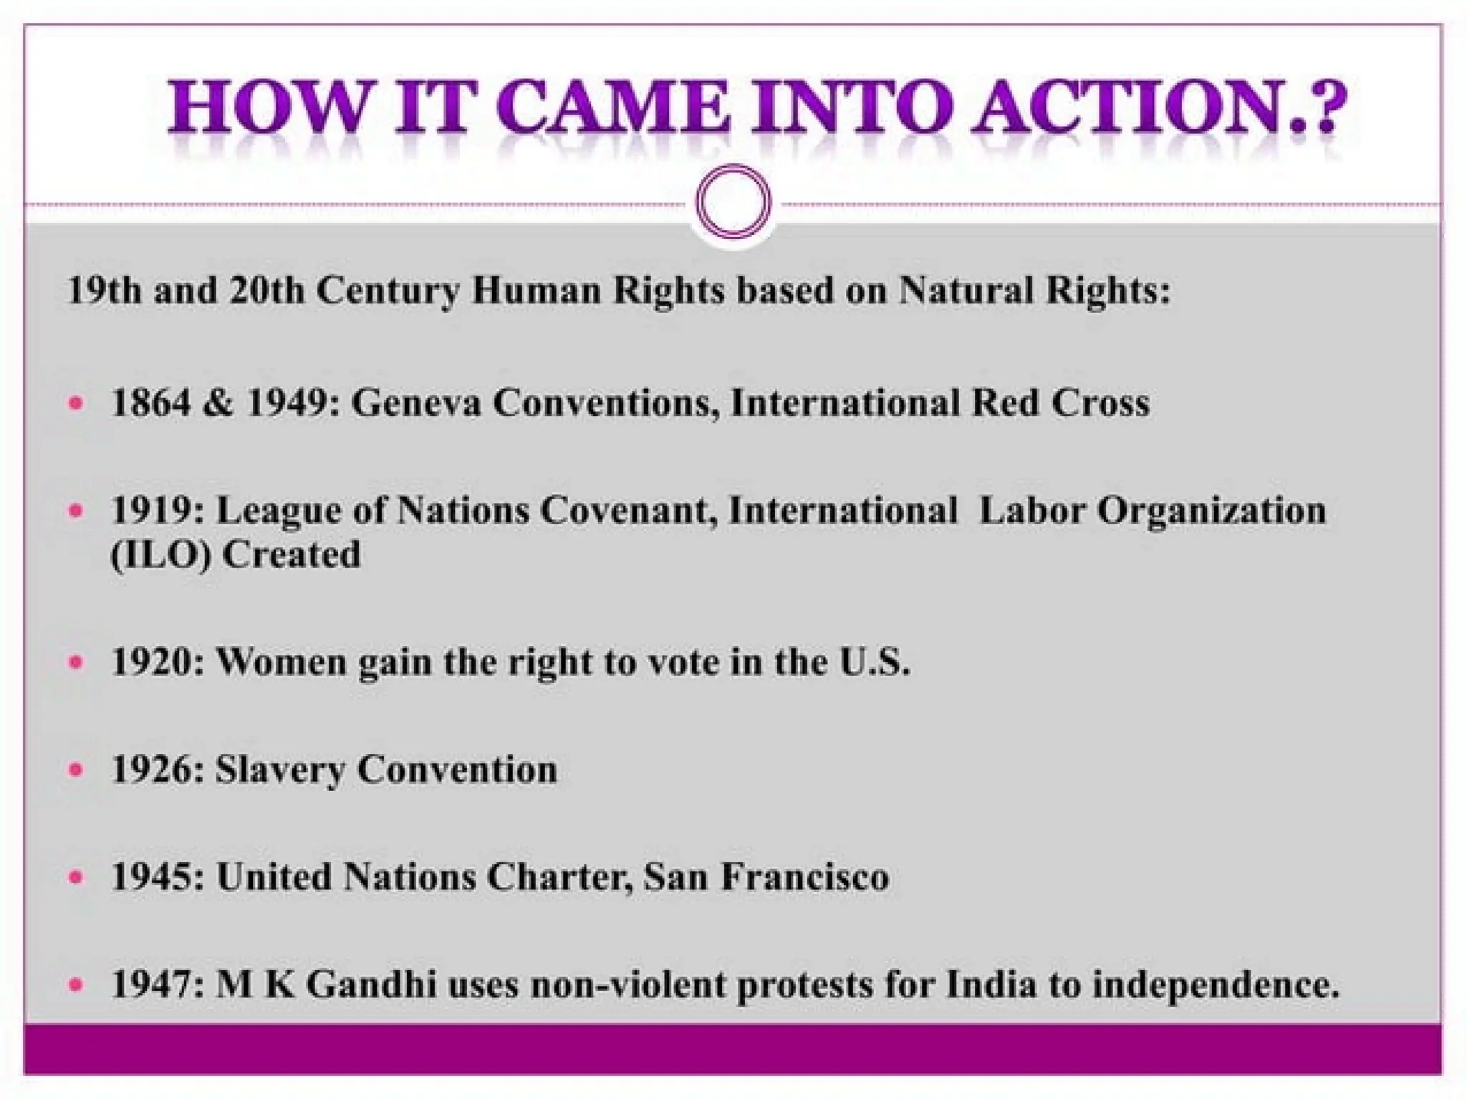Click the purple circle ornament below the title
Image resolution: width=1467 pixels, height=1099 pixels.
click(x=733, y=201)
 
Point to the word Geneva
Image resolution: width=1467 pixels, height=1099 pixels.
click(x=415, y=402)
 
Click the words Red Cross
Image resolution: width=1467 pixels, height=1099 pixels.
click(x=1060, y=402)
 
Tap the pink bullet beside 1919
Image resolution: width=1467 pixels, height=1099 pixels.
click(x=75, y=511)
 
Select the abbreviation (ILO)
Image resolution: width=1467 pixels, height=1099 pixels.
click(x=160, y=555)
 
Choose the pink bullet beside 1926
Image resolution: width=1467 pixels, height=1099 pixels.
click(x=75, y=770)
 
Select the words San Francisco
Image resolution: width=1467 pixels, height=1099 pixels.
click(x=766, y=877)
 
